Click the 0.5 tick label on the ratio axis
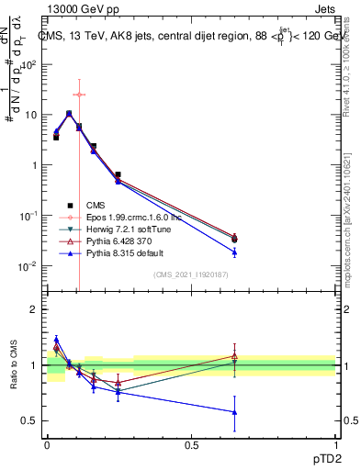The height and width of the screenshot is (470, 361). (30, 420)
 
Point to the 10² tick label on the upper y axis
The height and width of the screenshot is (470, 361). (29, 64)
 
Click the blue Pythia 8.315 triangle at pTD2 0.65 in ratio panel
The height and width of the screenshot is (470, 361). (234, 412)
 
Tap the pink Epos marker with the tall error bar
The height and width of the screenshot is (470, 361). (79, 95)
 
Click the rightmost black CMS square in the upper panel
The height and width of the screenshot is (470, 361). (234, 240)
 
